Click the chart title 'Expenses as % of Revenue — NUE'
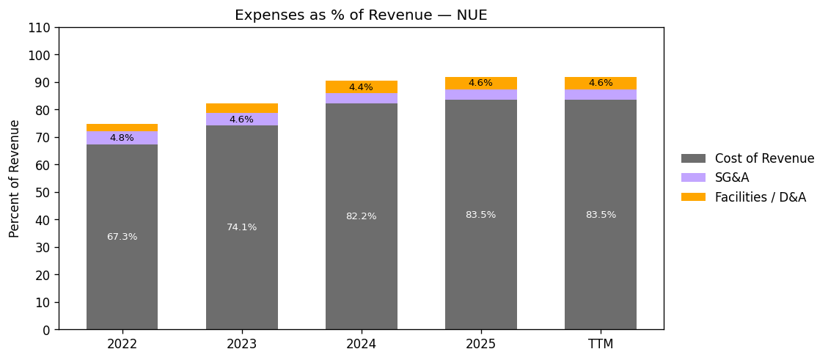pyautogui.click(x=361, y=15)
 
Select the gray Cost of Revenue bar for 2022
pyautogui.click(x=122, y=279)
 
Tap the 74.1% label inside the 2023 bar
pyautogui.click(x=241, y=227)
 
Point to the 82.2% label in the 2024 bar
pyautogui.click(x=361, y=216)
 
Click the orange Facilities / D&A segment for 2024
pyautogui.click(x=361, y=83)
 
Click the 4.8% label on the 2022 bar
pyautogui.click(x=122, y=138)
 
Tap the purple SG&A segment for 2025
pyautogui.click(x=480, y=95)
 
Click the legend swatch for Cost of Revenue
pyautogui.click(x=693, y=158)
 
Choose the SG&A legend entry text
pyautogui.click(x=732, y=177)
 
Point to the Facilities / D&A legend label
pyautogui.click(x=760, y=197)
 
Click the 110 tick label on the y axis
pyautogui.click(x=40, y=28)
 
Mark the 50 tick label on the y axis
pyautogui.click(x=43, y=193)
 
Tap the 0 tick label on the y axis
pyautogui.click(x=47, y=330)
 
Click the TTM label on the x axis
pyautogui.click(x=600, y=344)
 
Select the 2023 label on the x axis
pyautogui.click(x=241, y=344)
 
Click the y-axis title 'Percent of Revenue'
pyautogui.click(x=15, y=178)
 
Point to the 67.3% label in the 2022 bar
pyautogui.click(x=122, y=237)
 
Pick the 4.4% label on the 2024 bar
pyautogui.click(x=361, y=87)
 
